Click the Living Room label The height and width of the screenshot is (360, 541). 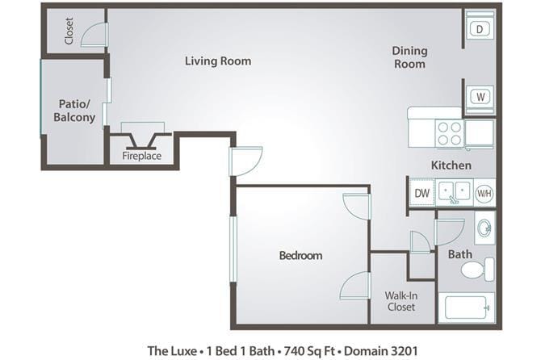(x=217, y=61)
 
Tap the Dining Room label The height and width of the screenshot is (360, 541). (x=409, y=57)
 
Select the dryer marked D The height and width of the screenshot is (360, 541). (x=479, y=29)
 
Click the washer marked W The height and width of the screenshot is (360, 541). (x=479, y=97)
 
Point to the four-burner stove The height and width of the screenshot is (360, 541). (x=449, y=132)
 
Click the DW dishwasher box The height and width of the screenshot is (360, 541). (x=421, y=193)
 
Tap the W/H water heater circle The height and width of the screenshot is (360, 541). (x=484, y=193)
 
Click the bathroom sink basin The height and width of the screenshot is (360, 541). (x=484, y=229)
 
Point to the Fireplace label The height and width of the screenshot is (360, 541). (x=141, y=156)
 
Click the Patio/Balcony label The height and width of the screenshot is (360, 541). (x=74, y=111)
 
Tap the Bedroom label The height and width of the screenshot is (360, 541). (x=300, y=256)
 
